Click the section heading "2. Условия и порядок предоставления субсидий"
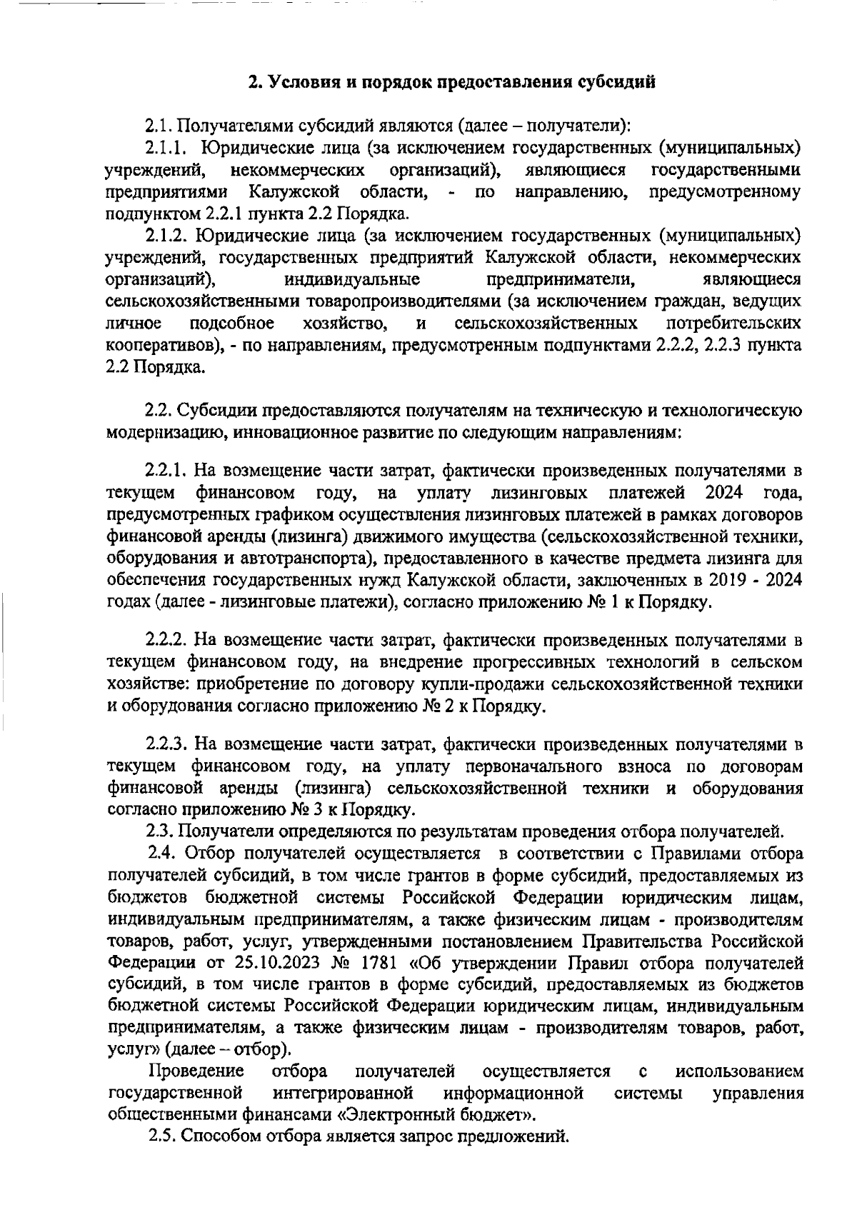pyautogui.click(x=451, y=81)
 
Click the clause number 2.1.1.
pyautogui.click(x=166, y=148)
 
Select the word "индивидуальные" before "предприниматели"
pyautogui.click(x=351, y=279)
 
